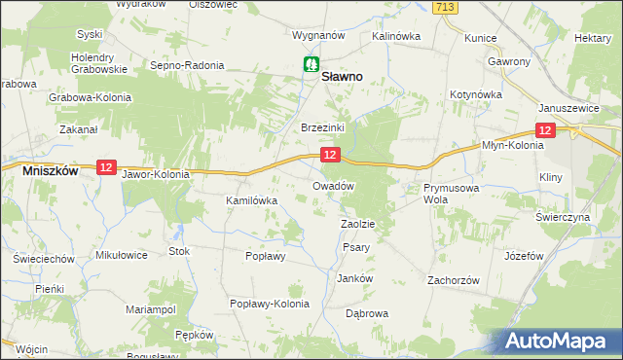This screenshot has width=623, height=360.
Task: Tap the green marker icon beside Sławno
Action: (310, 65)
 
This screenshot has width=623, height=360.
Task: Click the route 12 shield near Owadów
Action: (331, 155)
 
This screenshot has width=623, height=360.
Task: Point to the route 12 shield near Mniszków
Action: (106, 168)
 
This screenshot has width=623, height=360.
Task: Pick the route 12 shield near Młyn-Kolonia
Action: (545, 131)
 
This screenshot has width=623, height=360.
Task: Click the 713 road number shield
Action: (446, 7)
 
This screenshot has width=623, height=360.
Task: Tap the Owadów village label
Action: (332, 185)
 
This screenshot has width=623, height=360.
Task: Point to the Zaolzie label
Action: (357, 224)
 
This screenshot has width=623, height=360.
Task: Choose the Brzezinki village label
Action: (318, 127)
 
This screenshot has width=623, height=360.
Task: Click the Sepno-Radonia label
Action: (187, 65)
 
